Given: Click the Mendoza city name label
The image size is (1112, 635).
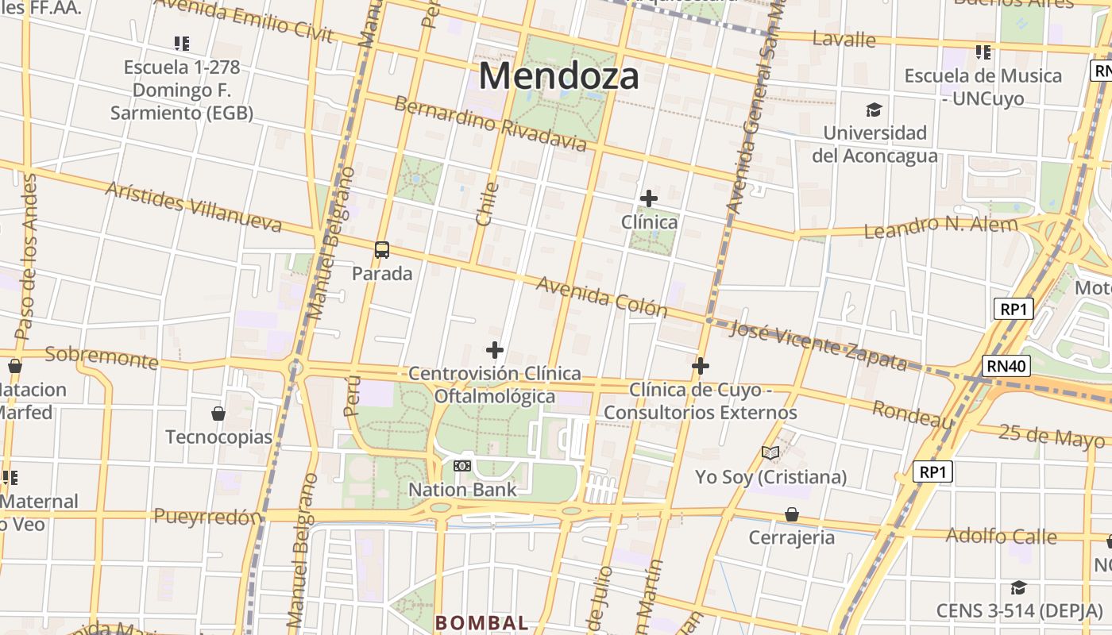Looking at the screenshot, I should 558,77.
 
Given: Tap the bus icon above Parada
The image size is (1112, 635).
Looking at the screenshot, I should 382,250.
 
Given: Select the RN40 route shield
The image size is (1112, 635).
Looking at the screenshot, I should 1007,366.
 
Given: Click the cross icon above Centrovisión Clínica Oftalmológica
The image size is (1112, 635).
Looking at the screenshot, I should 495,349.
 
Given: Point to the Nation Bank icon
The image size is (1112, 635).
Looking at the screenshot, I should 462,466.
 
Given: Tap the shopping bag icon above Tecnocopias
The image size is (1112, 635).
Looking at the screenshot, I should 218,414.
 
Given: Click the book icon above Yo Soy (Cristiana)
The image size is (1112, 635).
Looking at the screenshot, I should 770,453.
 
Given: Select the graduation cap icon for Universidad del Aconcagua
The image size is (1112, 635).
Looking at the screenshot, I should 875,110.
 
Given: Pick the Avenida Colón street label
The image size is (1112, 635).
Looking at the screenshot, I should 601,296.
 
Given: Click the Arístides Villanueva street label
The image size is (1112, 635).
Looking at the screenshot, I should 193,206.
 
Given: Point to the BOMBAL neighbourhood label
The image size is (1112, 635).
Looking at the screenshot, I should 481,623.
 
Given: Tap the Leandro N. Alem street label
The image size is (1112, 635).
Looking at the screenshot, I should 940,227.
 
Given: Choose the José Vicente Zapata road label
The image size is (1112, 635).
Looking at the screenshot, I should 817,345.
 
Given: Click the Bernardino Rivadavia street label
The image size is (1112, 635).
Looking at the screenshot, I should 490,124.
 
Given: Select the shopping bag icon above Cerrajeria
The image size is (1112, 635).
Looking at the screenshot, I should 792,514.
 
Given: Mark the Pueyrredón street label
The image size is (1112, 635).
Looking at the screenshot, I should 207,517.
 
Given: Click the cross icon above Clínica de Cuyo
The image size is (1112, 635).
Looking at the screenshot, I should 700,366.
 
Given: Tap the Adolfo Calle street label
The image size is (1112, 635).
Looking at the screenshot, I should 1001,536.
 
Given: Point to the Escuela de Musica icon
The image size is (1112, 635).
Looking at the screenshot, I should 983,52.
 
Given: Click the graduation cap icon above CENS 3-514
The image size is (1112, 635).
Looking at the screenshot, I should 1018,587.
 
